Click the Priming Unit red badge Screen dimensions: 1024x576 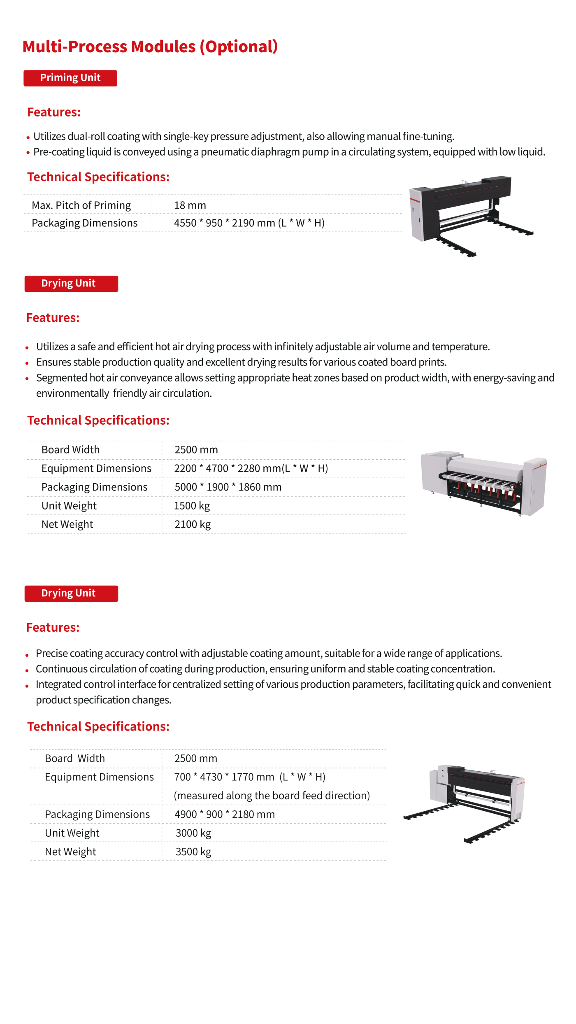(70, 78)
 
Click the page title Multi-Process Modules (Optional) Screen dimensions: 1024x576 (150, 47)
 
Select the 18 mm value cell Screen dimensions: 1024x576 (190, 205)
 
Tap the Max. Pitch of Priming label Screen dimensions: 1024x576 (81, 205)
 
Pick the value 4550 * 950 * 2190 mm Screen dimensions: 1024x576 (249, 223)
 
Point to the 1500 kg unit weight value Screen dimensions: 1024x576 (192, 506)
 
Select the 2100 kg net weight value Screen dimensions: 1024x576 (193, 524)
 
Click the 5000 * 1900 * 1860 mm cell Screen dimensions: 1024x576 (228, 487)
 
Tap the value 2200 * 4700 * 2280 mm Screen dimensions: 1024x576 (251, 468)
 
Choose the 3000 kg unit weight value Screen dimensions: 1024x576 (193, 833)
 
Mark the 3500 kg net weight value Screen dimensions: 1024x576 (193, 852)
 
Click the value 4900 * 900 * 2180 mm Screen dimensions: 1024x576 (225, 815)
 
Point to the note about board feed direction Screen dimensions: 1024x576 (272, 796)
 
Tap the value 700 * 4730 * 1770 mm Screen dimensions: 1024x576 (250, 777)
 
